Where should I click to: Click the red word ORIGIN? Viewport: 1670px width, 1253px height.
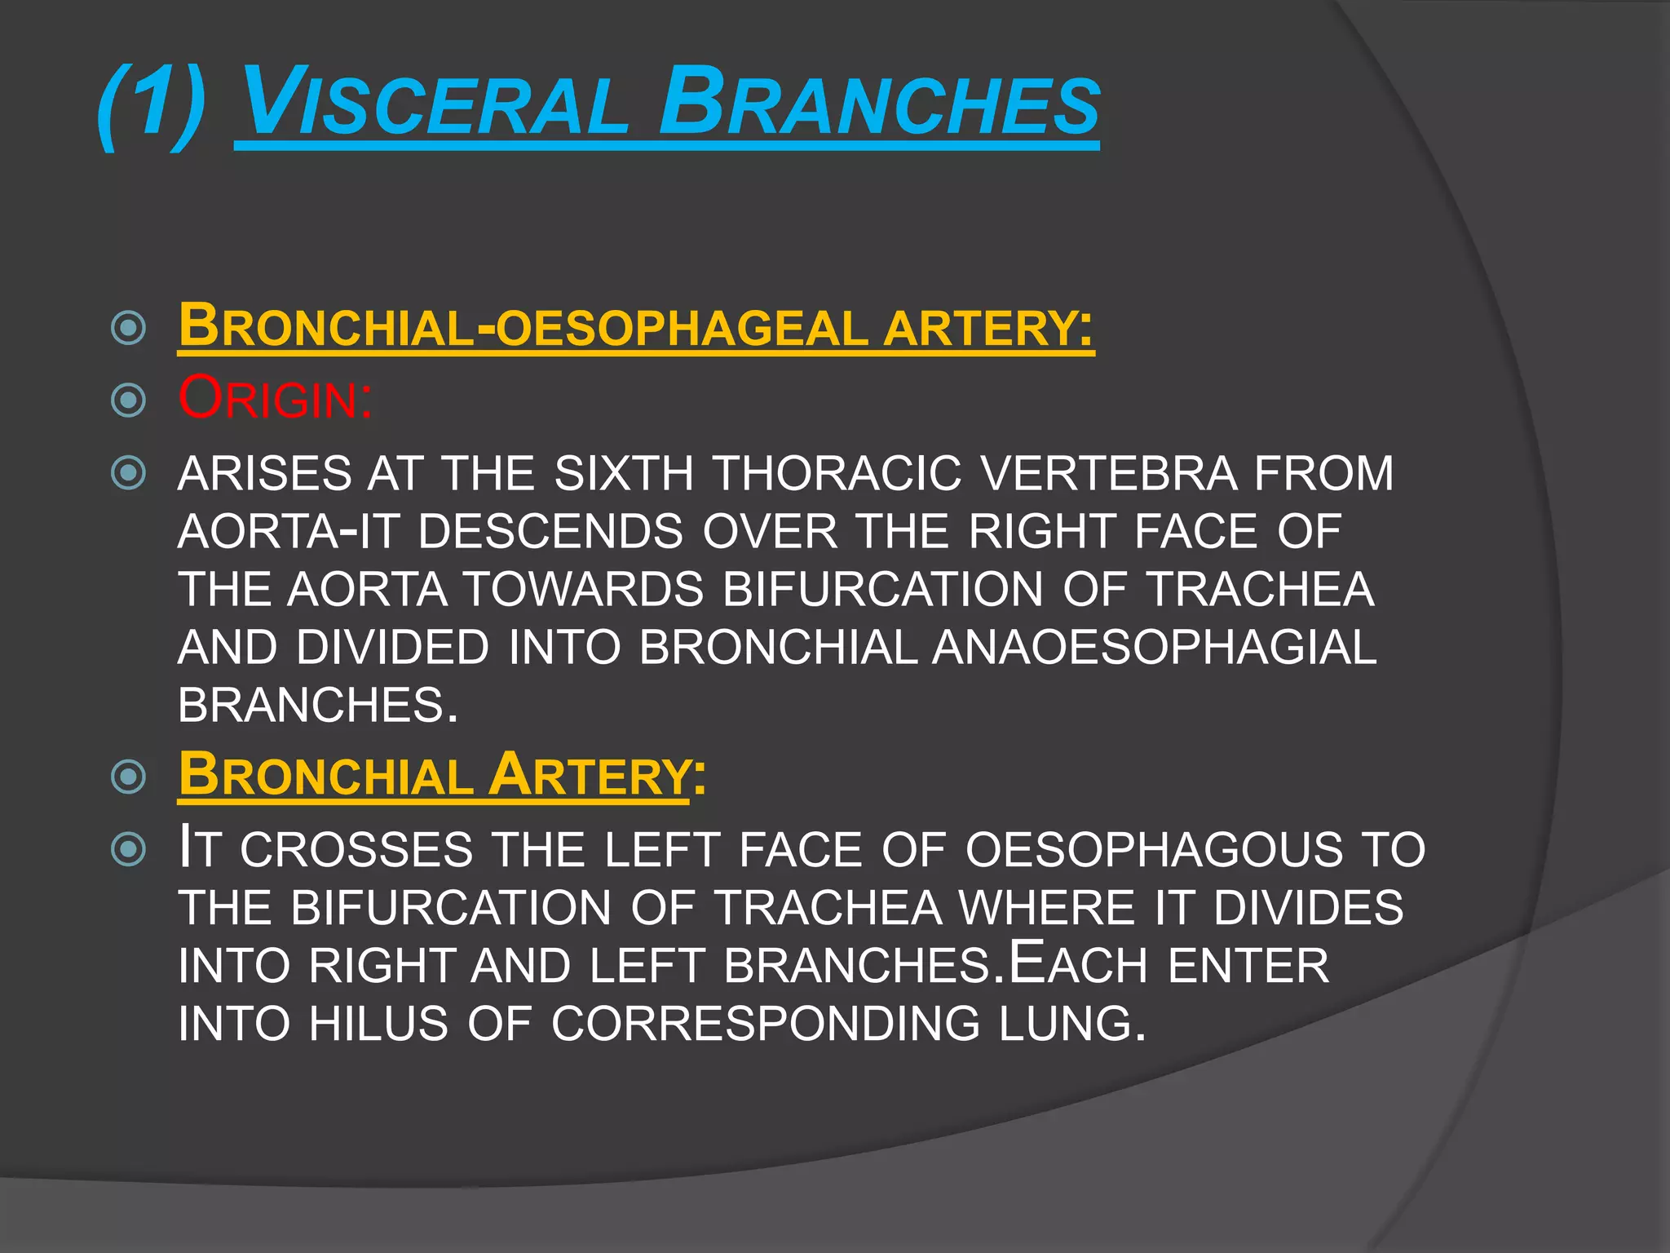tap(276, 399)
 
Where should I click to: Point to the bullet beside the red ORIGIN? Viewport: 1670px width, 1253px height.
tap(128, 400)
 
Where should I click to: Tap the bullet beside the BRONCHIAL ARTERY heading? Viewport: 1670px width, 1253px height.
tap(128, 776)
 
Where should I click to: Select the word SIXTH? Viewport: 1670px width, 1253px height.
tap(623, 474)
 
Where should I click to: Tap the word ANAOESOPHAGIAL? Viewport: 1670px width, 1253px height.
tap(1154, 648)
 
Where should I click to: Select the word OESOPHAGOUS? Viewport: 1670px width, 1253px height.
tap(1154, 849)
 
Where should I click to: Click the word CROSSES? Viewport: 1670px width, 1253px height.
tap(356, 849)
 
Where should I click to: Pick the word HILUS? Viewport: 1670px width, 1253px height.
tap(378, 1024)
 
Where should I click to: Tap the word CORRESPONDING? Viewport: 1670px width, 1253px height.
tap(765, 1024)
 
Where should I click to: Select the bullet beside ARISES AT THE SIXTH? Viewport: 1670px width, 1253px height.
tap(128, 473)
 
